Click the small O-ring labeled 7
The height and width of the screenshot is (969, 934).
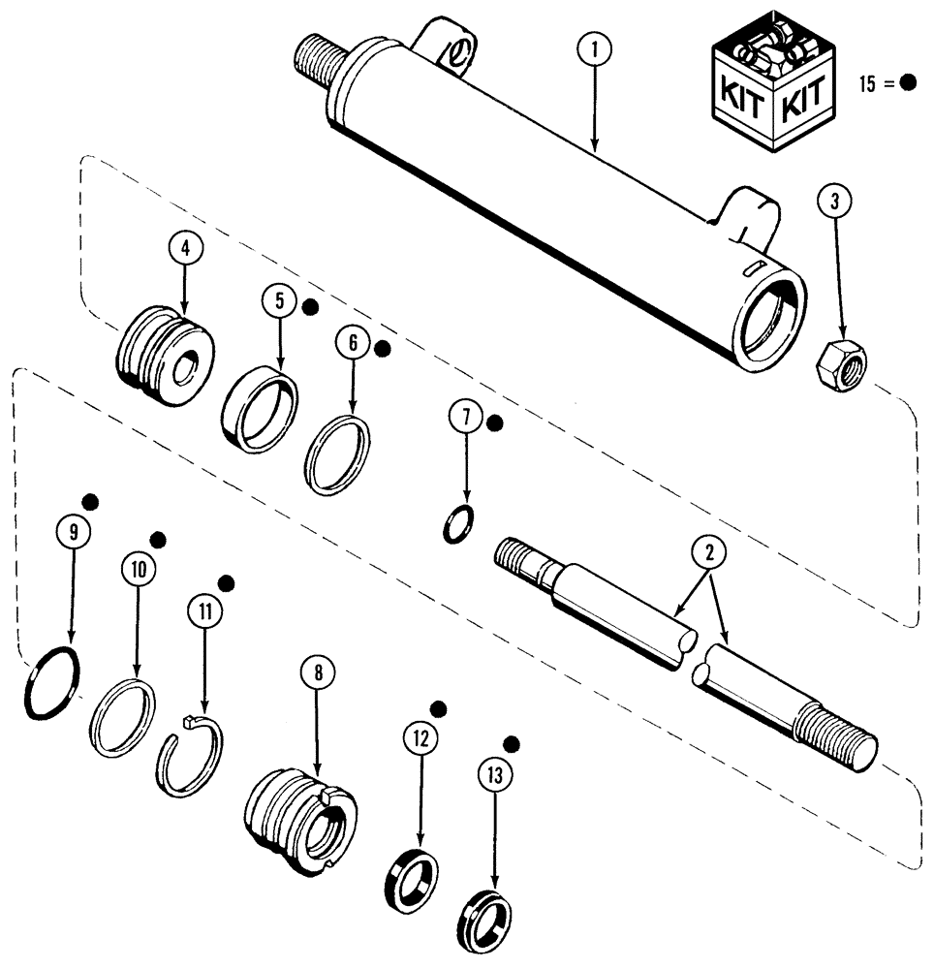tap(458, 523)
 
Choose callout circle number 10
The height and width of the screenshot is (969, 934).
tap(138, 570)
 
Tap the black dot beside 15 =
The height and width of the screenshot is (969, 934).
tap(908, 83)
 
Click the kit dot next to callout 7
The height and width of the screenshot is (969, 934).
tap(494, 423)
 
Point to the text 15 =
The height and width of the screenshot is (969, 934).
tap(874, 84)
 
